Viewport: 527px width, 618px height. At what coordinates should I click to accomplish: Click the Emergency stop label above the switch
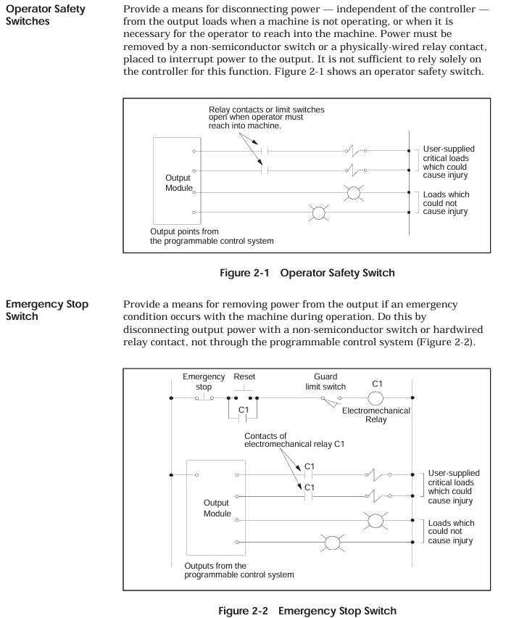click(x=199, y=382)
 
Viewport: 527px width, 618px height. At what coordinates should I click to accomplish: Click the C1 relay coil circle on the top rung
click(x=377, y=397)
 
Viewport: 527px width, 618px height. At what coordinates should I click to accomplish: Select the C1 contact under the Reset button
click(x=244, y=416)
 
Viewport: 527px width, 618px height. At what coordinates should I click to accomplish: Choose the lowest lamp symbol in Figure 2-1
click(x=317, y=213)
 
